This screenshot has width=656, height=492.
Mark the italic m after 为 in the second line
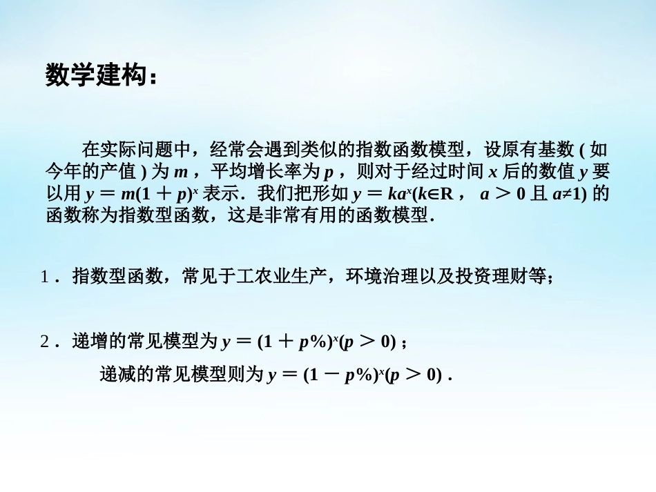point(180,172)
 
